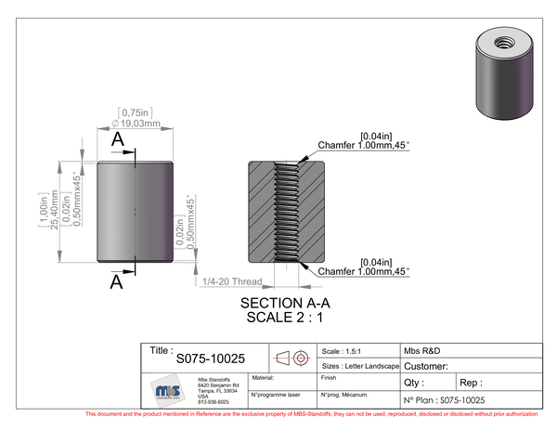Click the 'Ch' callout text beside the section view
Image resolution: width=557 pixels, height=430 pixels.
325,271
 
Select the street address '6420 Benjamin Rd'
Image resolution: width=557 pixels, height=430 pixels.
219,385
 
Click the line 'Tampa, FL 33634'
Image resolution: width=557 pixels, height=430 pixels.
218,391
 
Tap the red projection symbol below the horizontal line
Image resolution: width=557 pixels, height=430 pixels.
302,357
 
